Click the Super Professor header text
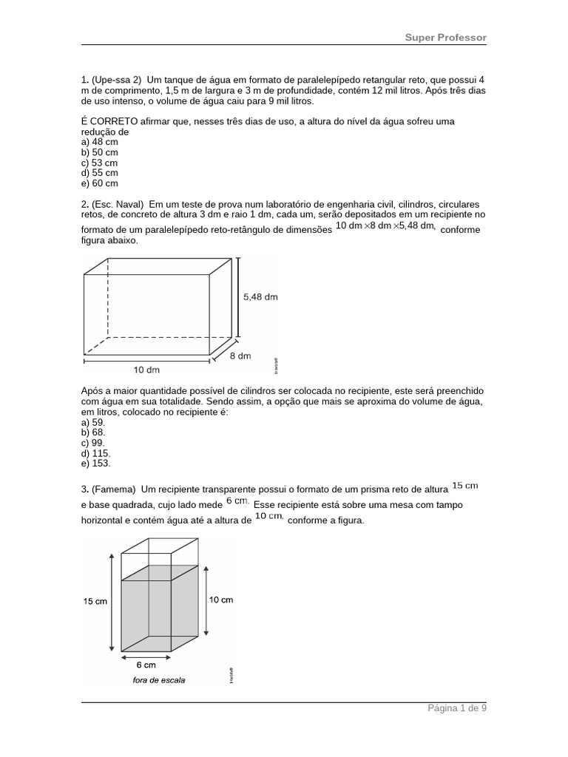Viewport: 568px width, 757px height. coord(445,38)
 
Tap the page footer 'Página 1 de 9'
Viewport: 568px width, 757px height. coord(457,708)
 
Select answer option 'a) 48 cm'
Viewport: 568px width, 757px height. coord(99,142)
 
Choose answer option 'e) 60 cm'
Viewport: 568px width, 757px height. coord(99,183)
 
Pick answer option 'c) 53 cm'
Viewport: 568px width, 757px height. coord(99,163)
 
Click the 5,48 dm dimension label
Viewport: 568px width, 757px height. coord(260,297)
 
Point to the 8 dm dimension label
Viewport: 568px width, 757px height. coord(240,356)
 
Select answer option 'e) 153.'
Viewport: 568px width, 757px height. coord(95,464)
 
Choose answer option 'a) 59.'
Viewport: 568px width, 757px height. coord(93,421)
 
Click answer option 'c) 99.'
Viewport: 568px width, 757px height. coord(93,442)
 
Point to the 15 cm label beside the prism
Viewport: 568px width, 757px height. coord(95,601)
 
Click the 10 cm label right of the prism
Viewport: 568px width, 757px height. coord(222,600)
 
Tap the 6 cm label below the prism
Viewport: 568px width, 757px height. coord(146,665)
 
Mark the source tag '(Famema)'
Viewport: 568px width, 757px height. coord(114,489)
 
